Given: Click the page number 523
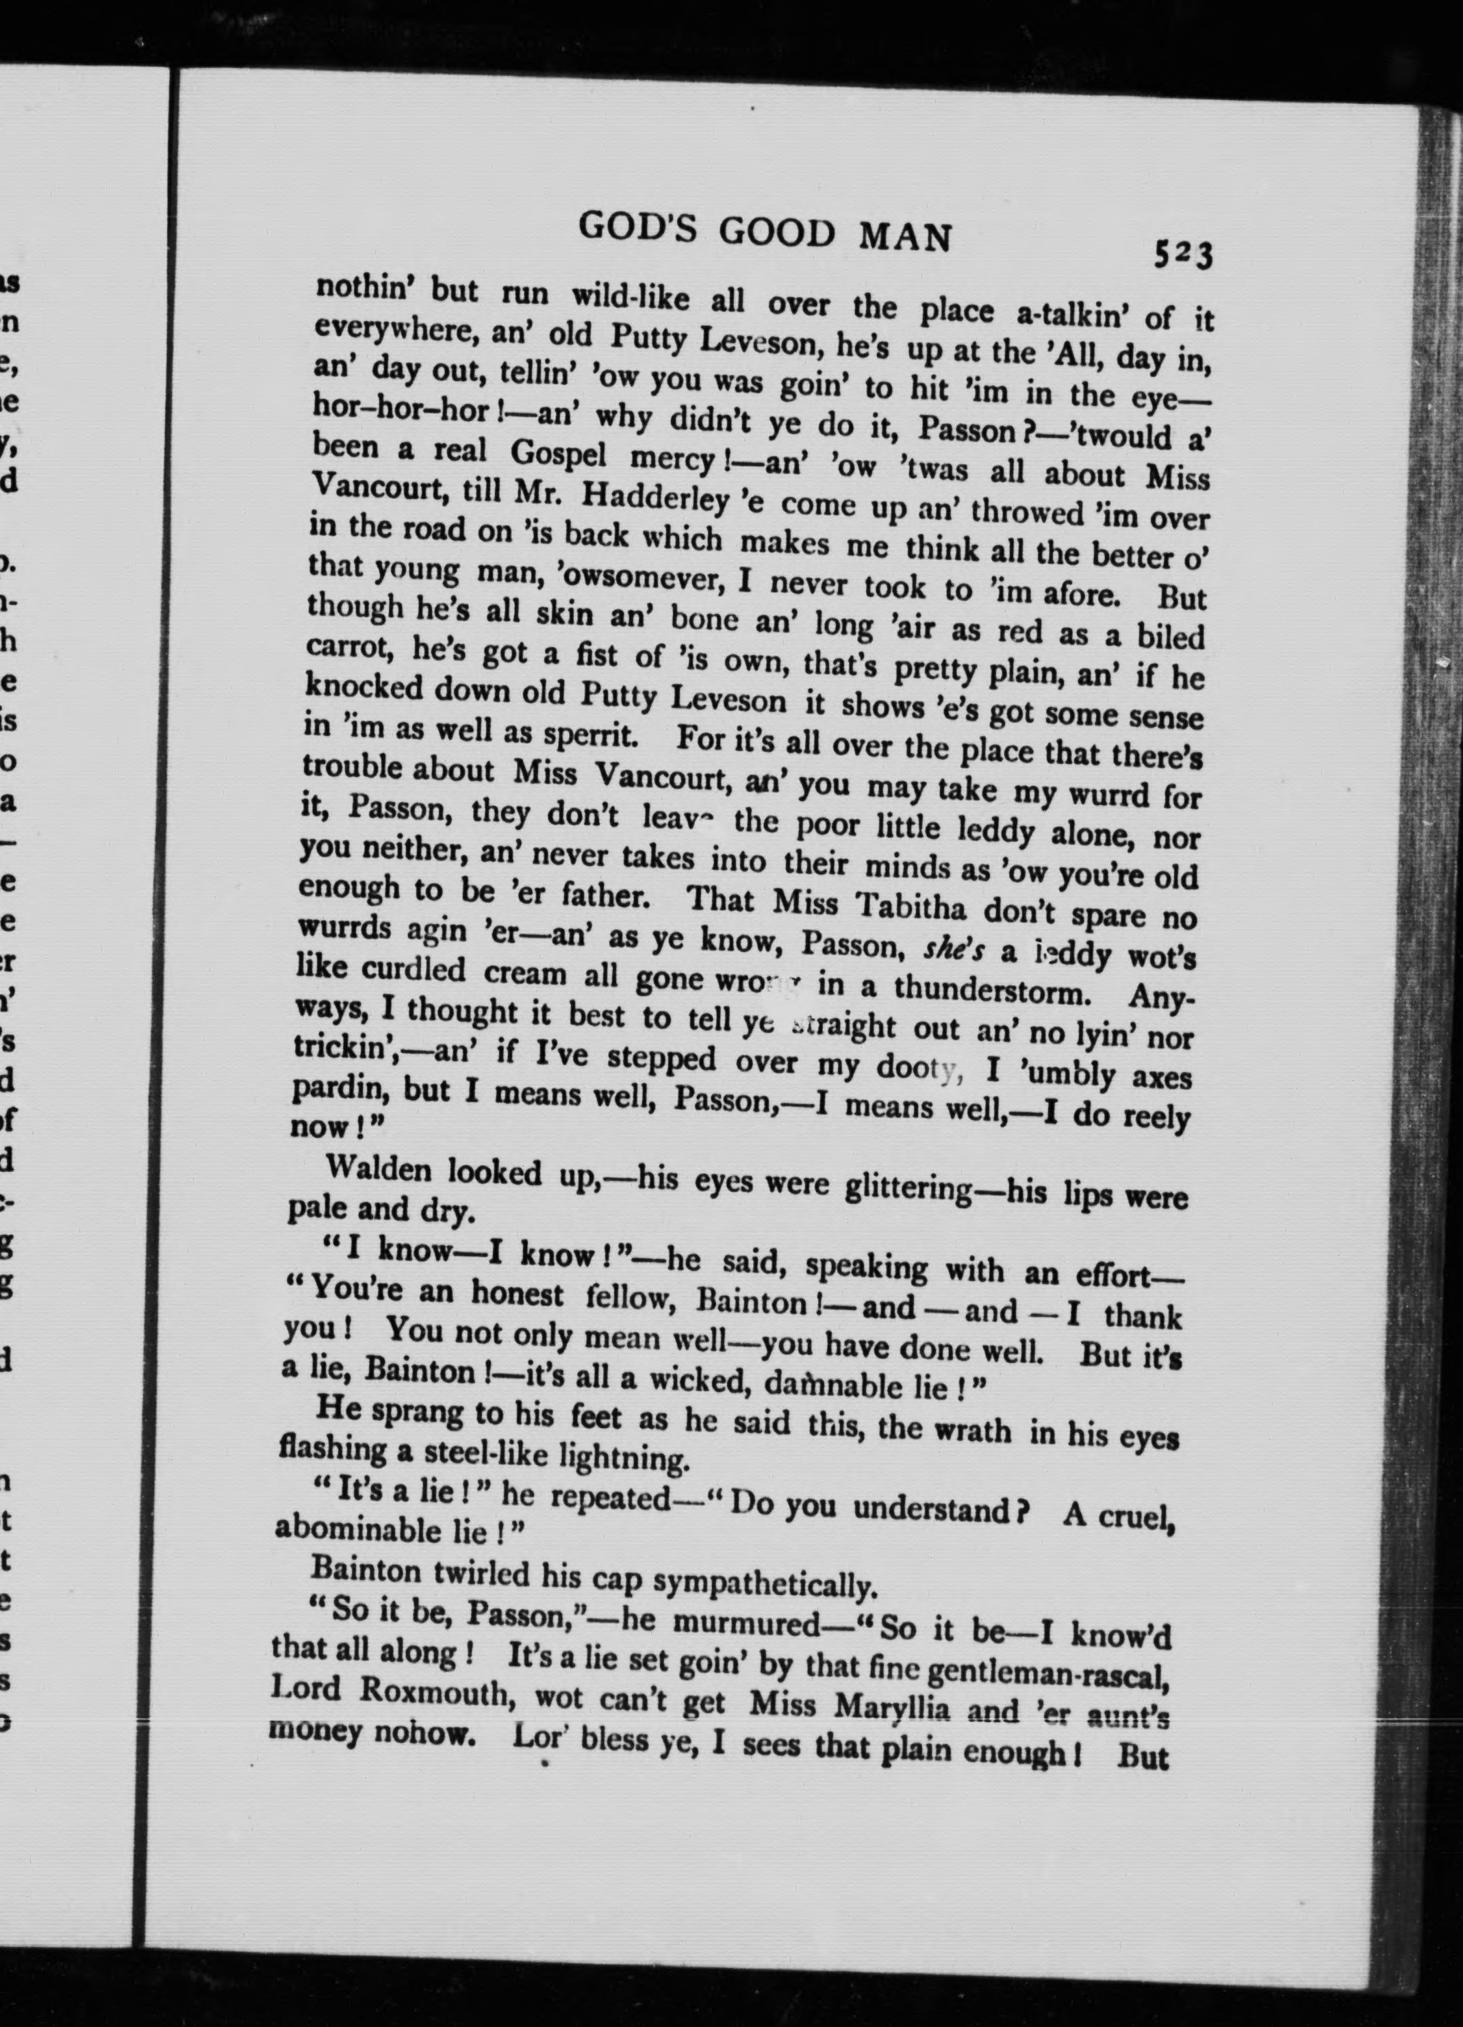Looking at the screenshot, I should pyautogui.click(x=1182, y=255).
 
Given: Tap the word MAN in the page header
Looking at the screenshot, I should pyautogui.click(x=904, y=236).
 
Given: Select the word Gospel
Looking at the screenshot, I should pyautogui.click(x=558, y=455).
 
